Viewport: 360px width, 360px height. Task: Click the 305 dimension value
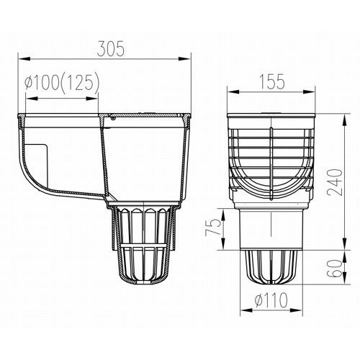pos(111,49)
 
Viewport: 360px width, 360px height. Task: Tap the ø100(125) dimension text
pos(62,81)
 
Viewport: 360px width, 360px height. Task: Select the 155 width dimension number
pos(272,82)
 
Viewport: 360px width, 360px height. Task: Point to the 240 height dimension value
pos(336,182)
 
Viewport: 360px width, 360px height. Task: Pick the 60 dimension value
pos(336,269)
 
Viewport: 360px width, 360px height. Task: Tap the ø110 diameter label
pos(271,300)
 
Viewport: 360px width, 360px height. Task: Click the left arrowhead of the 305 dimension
pos(24,59)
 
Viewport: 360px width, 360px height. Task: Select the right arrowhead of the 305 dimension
pos(184,59)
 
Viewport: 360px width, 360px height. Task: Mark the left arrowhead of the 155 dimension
pos(233,92)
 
